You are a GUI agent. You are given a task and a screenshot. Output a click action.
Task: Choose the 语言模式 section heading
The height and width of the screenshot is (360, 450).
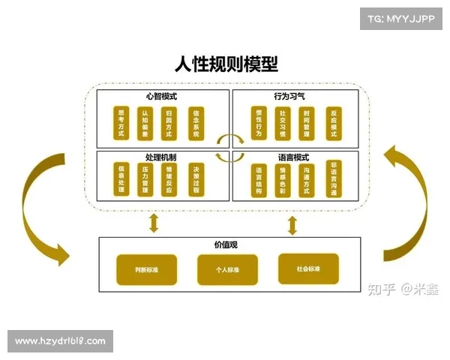pos(292,157)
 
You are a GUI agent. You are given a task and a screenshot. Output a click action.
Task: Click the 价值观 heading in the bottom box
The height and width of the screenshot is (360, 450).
pos(225,244)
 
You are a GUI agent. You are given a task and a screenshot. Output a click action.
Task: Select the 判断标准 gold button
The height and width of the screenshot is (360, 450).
pos(146,269)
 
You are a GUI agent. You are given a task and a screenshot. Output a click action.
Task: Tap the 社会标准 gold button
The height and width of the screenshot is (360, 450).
pos(308,268)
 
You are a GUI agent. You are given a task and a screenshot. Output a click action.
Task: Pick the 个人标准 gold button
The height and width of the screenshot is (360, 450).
pos(227,269)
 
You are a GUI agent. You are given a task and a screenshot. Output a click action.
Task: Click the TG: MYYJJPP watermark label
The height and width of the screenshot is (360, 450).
pos(400,17)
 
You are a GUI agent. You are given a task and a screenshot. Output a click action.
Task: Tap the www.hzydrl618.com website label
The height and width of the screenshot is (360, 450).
pos(60,341)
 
